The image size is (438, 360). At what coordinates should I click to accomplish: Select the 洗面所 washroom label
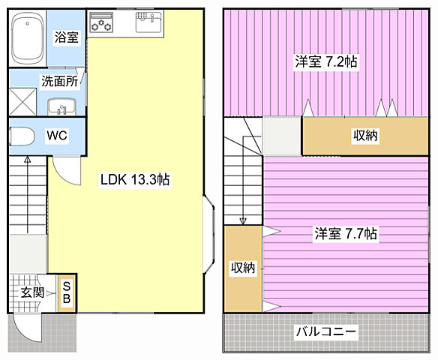[59, 82]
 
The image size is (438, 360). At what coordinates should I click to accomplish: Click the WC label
[57, 136]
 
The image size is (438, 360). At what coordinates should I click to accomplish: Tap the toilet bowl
[23, 136]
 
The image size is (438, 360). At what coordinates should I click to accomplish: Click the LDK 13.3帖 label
[135, 179]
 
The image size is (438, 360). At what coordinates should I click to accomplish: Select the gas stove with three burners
[100, 24]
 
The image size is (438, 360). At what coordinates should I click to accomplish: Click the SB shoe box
[66, 292]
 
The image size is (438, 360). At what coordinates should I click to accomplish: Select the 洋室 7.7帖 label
[345, 233]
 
